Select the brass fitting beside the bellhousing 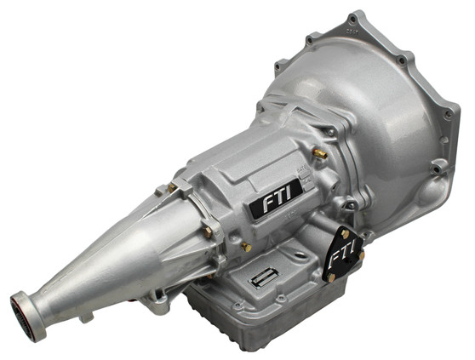319,153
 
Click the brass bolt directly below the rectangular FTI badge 245,247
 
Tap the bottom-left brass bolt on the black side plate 331,277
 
